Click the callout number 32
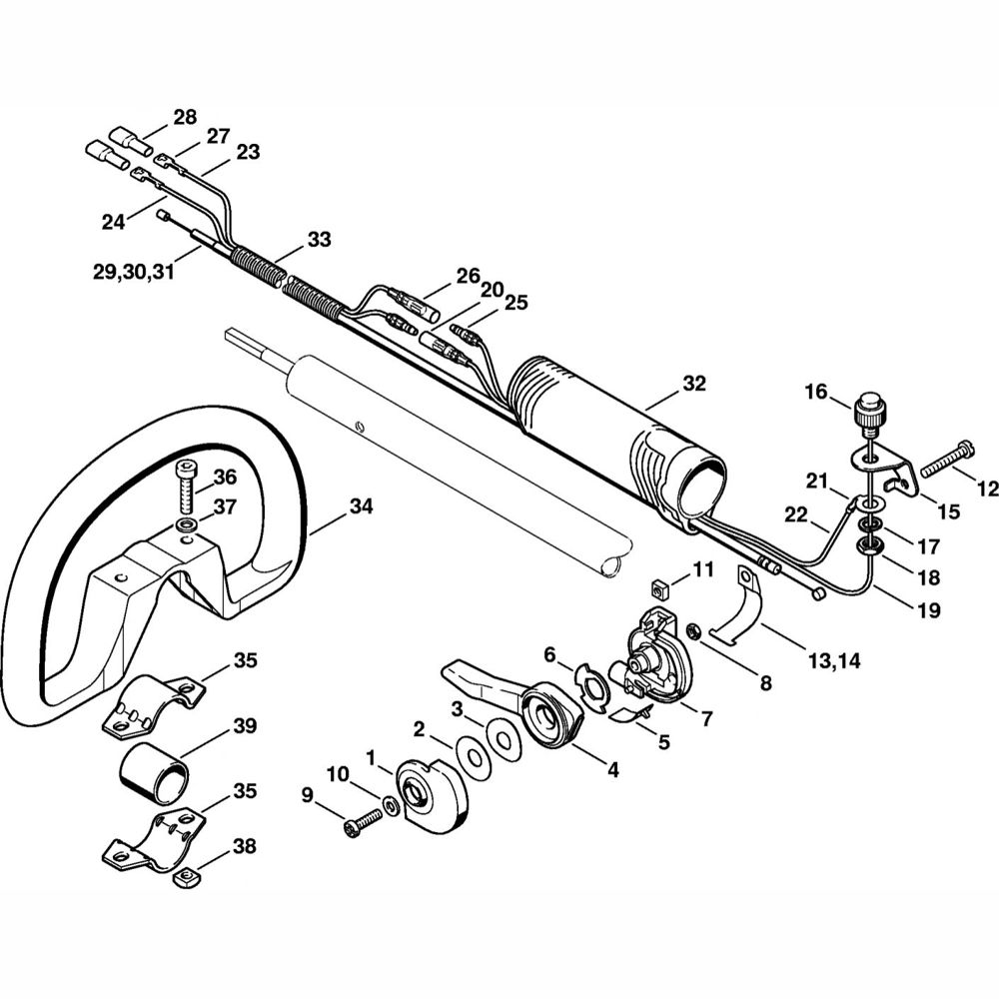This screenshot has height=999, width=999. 694,384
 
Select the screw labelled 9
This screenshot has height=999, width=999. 363,821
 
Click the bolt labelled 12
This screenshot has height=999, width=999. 948,468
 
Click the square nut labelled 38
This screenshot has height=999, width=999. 185,877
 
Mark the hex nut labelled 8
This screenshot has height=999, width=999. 691,630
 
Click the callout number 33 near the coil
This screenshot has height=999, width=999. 319,240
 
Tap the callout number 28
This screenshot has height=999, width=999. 185,117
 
